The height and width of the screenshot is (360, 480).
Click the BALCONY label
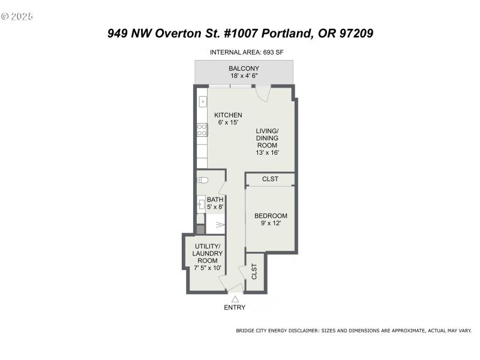click(244, 68)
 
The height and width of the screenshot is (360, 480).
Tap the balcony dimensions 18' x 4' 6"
click(244, 76)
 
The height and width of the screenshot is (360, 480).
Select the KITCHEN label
click(228, 115)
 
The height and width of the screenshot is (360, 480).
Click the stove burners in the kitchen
click(202, 130)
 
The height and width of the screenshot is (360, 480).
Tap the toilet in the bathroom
click(202, 180)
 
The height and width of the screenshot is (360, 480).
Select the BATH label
click(215, 200)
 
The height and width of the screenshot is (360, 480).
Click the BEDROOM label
click(271, 216)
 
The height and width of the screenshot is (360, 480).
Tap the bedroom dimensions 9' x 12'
click(271, 224)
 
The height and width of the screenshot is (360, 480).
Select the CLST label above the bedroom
click(270, 179)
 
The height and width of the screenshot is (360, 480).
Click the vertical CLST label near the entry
click(254, 272)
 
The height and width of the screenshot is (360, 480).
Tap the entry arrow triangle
click(235, 298)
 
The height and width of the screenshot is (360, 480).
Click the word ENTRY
click(235, 308)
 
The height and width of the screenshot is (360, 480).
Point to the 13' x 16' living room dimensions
click(268, 152)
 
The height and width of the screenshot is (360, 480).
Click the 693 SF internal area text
click(274, 52)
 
